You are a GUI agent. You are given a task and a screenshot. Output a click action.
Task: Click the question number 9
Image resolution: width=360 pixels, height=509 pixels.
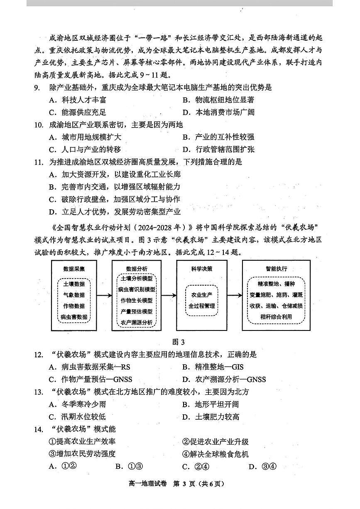[x=37, y=88]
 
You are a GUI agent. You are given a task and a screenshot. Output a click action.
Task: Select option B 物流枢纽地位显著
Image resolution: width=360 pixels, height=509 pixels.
[x=218, y=100]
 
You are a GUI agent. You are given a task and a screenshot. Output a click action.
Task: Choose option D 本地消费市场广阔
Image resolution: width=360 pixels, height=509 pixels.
[x=218, y=113]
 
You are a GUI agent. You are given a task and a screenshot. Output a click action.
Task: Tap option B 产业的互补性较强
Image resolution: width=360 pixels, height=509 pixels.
[x=218, y=137]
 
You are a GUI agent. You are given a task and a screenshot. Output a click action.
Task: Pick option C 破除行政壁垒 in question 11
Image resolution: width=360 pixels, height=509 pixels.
[x=114, y=199]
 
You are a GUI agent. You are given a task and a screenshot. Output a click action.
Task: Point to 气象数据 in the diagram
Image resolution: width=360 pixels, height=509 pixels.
[x=74, y=295]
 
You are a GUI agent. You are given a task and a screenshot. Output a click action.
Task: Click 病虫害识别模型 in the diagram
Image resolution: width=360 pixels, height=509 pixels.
[x=136, y=289]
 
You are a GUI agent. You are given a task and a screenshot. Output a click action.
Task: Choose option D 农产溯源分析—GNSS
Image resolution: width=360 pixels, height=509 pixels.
[x=224, y=379]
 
